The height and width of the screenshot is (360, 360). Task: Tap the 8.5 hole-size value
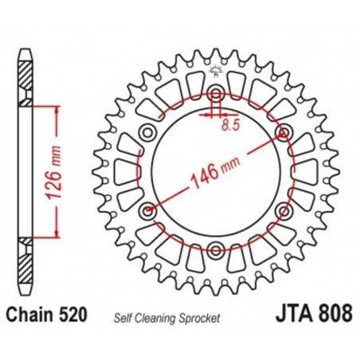tap(231, 124)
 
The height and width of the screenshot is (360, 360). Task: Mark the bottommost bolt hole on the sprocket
tap(215, 251)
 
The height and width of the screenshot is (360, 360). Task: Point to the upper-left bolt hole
tap(147, 132)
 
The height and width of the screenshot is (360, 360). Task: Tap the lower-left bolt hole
tap(147, 212)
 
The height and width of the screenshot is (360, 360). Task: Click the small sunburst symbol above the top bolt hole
tap(215, 74)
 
